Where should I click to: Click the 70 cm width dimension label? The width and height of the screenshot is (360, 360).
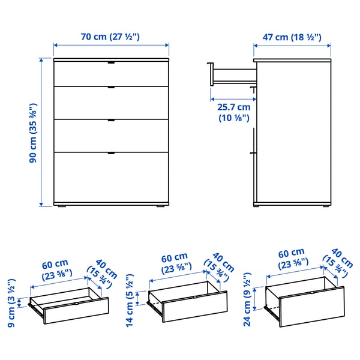[x=110, y=37]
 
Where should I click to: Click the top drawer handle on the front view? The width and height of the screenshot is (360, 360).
[x=111, y=63]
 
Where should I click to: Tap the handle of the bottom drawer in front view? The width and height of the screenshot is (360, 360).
[x=111, y=154]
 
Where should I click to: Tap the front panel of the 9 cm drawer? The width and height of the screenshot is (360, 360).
[x=76, y=311]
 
